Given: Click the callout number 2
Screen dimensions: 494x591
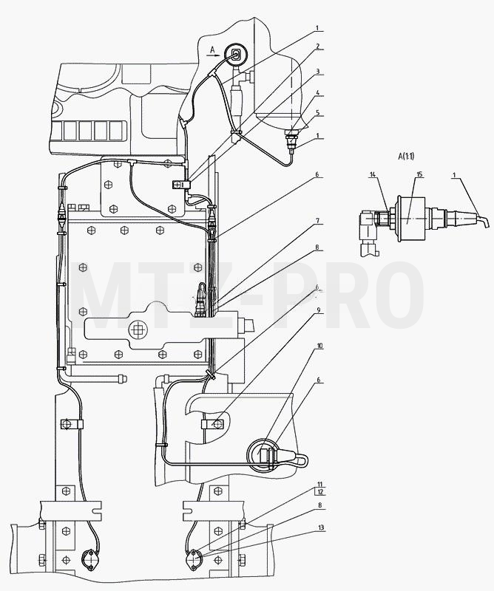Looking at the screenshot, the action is coord(318,47).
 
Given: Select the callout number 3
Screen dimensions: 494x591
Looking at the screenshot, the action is coord(318,71).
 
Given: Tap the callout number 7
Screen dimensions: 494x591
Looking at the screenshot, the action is coord(318,221).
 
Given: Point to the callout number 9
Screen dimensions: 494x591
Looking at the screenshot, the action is coord(319,310).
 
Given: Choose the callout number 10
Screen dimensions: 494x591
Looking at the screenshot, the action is coord(319,346).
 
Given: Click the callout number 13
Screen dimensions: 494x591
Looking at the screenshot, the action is coord(321,528).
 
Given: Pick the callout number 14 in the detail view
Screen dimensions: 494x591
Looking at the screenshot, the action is coord(373,174).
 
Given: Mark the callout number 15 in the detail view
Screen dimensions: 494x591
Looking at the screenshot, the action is coord(419,174).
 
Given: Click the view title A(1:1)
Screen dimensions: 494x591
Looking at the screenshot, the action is coord(406,156).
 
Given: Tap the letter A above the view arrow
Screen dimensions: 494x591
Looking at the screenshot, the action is coord(212,49).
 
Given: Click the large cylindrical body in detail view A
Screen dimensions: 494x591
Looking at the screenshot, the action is coord(410,218).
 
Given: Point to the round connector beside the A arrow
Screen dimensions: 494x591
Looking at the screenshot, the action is coord(236,54).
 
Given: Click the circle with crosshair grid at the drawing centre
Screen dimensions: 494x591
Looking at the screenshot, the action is coord(137,330).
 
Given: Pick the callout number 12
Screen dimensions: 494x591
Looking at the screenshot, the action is coord(321,492).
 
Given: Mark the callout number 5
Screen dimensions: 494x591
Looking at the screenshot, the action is coord(318,112).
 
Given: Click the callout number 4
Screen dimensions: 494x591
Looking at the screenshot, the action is coord(318,92).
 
